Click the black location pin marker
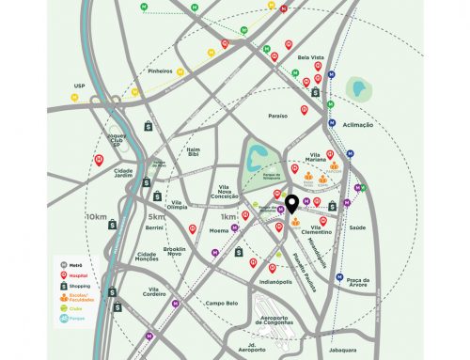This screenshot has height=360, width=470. [293, 204]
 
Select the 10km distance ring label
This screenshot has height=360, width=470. [96, 217]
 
